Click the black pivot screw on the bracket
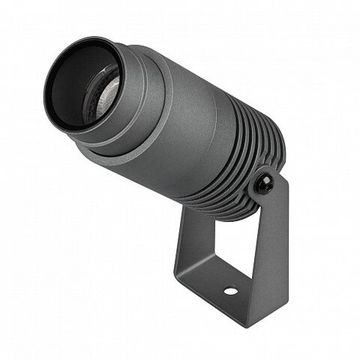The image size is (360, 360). (x=264, y=183)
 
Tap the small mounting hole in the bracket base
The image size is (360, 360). (x=231, y=292)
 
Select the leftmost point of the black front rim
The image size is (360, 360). (x=44, y=95)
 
